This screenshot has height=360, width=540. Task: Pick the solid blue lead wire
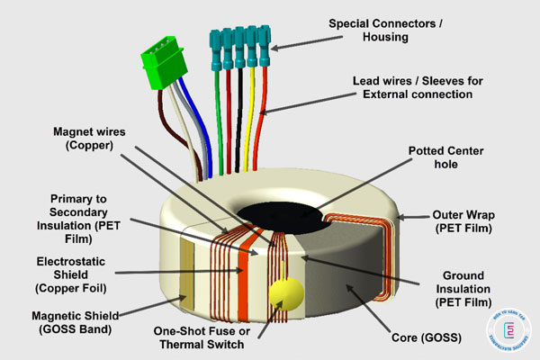pyautogui.click(x=202, y=135)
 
